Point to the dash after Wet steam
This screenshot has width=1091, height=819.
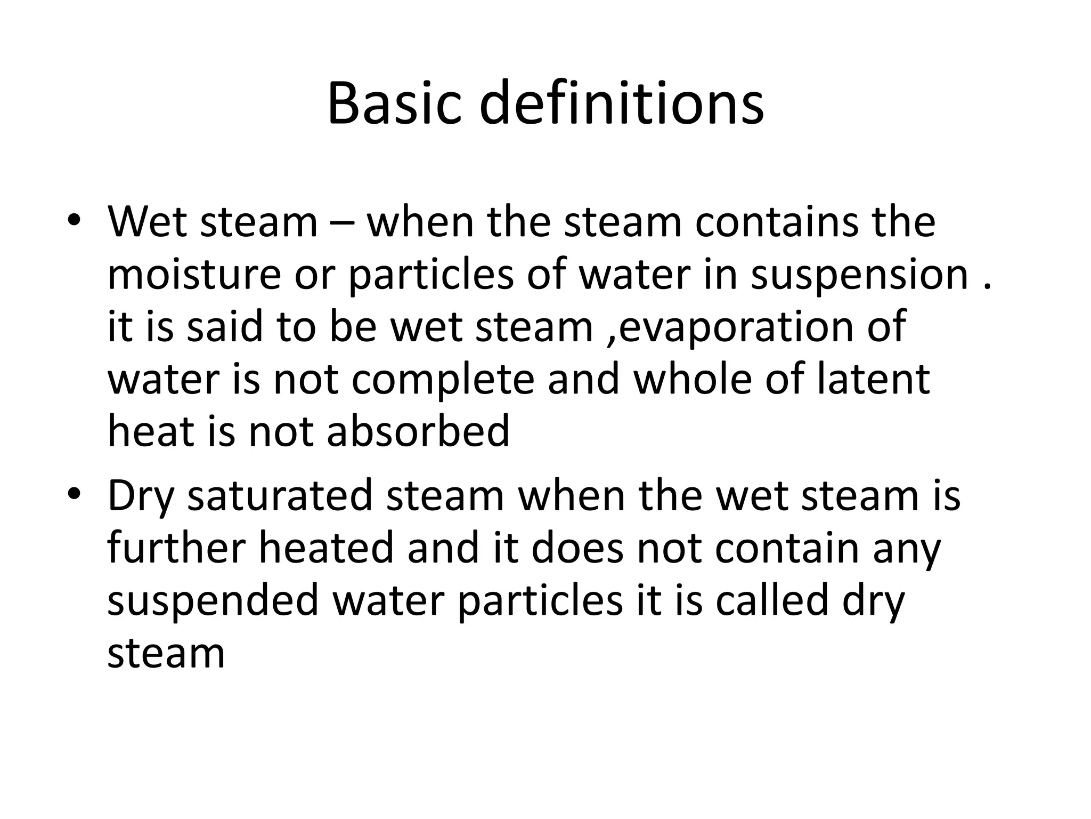coord(342,223)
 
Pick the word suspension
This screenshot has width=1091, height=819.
coord(859,276)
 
